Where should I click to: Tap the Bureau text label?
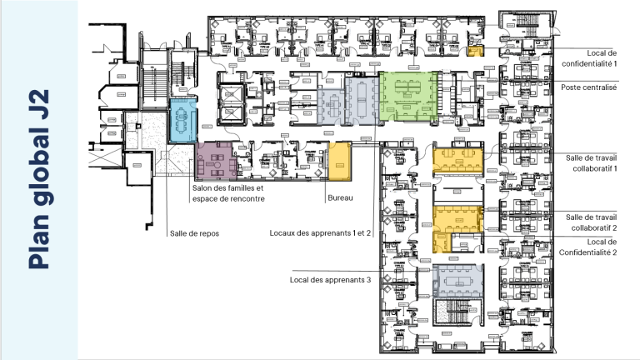(x=340, y=197)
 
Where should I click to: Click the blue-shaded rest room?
(x=182, y=120)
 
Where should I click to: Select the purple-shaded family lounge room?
(x=219, y=160)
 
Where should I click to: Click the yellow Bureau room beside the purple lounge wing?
(x=340, y=161)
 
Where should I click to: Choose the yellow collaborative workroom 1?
(x=458, y=159)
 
